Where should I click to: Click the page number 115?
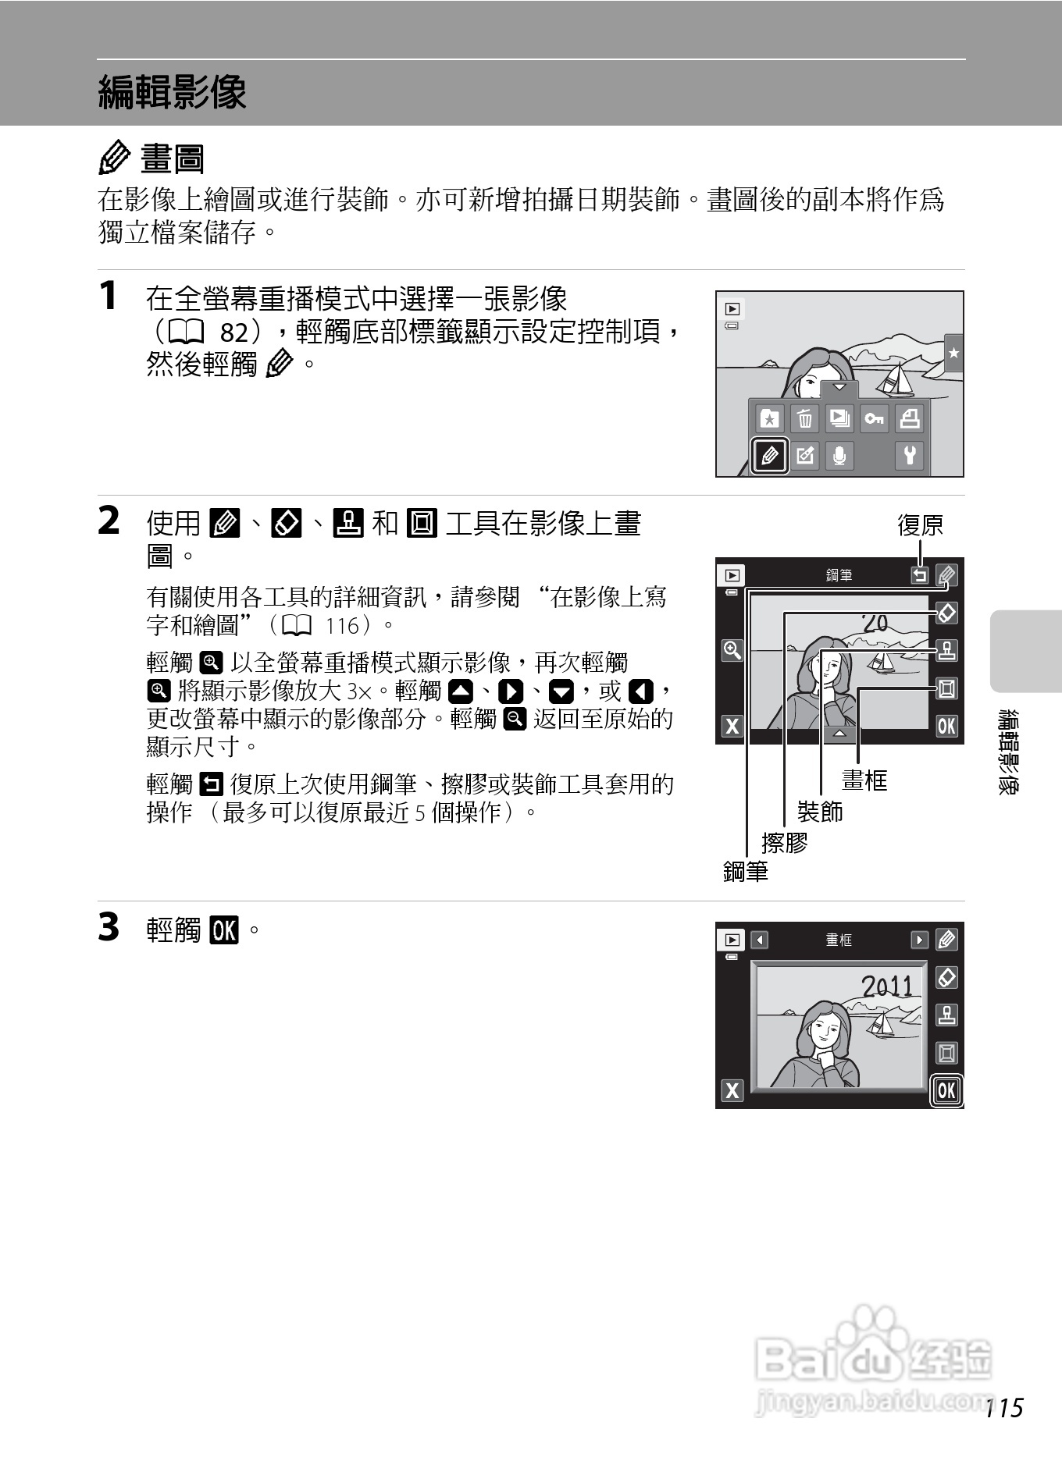(1004, 1408)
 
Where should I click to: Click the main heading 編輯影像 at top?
(172, 93)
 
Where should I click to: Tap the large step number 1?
(109, 297)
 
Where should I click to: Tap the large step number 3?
(109, 928)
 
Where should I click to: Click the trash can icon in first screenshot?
(804, 419)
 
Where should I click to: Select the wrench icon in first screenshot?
(909, 455)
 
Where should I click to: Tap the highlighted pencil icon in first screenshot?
(768, 455)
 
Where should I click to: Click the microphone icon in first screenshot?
(839, 455)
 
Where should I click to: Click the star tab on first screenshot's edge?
(953, 354)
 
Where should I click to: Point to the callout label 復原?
(920, 525)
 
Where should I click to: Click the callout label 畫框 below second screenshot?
(864, 780)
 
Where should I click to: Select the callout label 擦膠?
(784, 843)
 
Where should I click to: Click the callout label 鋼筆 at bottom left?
(746, 872)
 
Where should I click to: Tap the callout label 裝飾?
(820, 812)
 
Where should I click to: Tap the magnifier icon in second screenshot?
(732, 650)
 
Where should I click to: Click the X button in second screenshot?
(732, 726)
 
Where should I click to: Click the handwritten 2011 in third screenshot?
(887, 986)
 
